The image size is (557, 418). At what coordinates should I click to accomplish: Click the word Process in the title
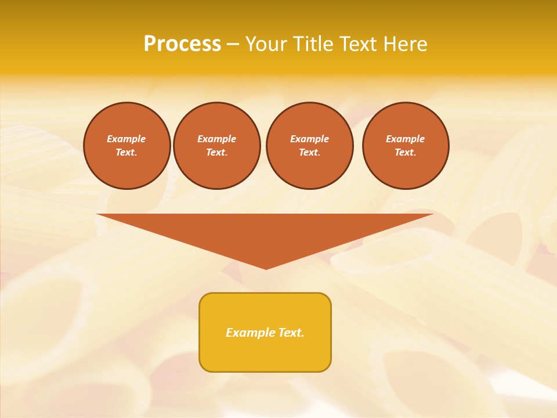[182, 44]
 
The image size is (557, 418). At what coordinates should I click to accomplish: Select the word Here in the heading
[404, 44]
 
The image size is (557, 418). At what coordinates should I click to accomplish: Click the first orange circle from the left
[127, 146]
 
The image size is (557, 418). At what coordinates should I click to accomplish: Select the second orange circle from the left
[217, 146]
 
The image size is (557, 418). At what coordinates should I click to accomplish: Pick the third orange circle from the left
[310, 146]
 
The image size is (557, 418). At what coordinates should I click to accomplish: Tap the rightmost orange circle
[406, 146]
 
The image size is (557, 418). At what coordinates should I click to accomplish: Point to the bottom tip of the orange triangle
[266, 268]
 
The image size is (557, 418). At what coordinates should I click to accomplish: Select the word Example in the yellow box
[251, 333]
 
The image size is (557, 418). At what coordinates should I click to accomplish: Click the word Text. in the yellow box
[292, 333]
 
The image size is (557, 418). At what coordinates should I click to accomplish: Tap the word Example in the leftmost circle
[126, 139]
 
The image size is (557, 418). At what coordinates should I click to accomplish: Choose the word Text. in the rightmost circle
[406, 152]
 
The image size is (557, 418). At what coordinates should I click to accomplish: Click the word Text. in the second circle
[217, 152]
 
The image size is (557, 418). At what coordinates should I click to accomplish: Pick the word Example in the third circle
[310, 139]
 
